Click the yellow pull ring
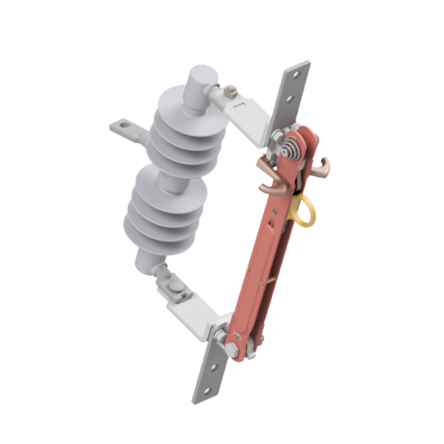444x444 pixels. (x=304, y=211)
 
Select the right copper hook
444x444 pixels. (x=325, y=167)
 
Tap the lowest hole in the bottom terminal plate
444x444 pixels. (x=203, y=393)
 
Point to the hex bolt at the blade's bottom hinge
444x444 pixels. (x=231, y=348)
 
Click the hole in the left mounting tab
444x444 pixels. (x=122, y=125)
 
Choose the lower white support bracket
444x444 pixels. (x=194, y=311)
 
